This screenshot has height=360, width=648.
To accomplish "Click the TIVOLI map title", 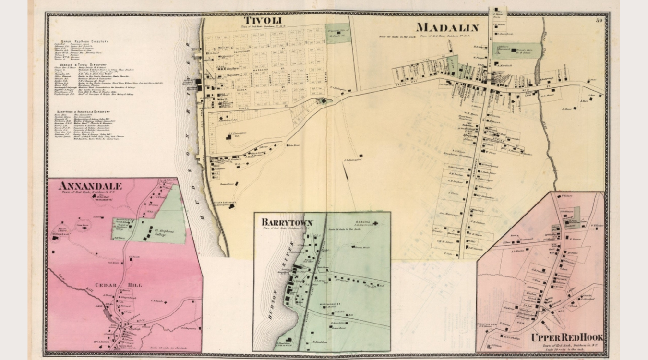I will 262,20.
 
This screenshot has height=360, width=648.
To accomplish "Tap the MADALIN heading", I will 447,27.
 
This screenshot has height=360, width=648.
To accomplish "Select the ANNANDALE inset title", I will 90,186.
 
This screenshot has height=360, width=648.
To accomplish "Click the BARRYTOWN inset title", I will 287,222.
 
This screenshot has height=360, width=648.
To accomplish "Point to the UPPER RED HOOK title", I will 566,338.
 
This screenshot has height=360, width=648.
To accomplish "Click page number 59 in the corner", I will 599,20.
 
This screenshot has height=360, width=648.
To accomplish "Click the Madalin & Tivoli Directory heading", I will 83,64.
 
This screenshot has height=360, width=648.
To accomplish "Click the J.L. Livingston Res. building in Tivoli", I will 228,137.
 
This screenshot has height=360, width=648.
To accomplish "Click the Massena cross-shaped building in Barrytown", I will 376,223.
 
